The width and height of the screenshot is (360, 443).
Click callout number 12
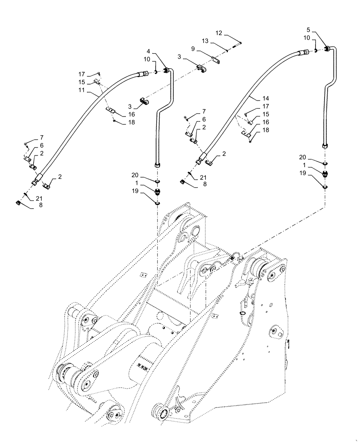[219, 33]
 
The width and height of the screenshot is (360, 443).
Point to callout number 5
[308, 31]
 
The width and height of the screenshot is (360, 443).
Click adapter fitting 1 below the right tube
[325, 174]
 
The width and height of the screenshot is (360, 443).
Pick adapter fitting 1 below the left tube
[158, 191]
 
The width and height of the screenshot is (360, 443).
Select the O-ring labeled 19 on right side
[325, 186]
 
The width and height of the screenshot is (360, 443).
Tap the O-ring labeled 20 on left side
[158, 181]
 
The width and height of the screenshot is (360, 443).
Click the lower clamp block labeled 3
[144, 101]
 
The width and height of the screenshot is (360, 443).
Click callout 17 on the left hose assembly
[82, 74]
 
